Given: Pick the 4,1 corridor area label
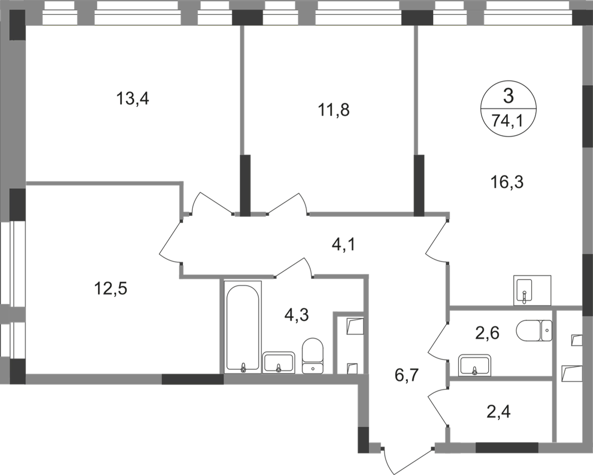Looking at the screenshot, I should point(343,242).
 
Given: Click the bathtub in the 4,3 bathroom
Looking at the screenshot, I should point(244,326).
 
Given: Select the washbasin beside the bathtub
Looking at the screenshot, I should point(279,361).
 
